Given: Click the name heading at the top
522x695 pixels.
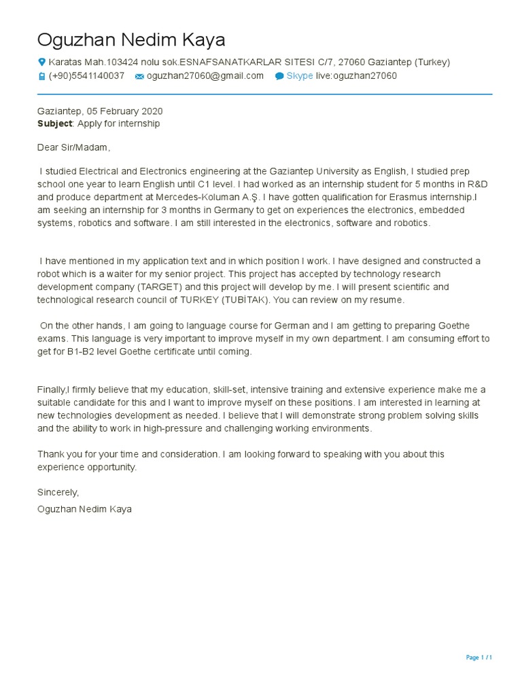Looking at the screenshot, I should pos(131,39).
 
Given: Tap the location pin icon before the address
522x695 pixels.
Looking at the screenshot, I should pos(41,62).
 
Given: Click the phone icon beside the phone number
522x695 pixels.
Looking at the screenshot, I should pos(41,77).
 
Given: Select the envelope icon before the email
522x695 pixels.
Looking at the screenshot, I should pos(139,77).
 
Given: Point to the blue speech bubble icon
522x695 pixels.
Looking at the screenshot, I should pos(279,77).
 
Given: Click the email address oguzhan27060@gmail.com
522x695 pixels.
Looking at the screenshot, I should pos(205,76).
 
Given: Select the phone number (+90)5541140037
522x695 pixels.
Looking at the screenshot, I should pos(86,76).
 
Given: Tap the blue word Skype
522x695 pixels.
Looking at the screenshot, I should pos(300,76).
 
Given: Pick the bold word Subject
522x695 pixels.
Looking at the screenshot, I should pos(54,124).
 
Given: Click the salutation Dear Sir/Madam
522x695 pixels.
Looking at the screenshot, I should pos(73,147).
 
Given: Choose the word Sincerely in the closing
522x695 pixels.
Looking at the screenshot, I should pos(58,492).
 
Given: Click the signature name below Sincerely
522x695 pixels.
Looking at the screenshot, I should pos(85,508).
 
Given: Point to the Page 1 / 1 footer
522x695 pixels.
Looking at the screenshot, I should pos(478,658).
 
